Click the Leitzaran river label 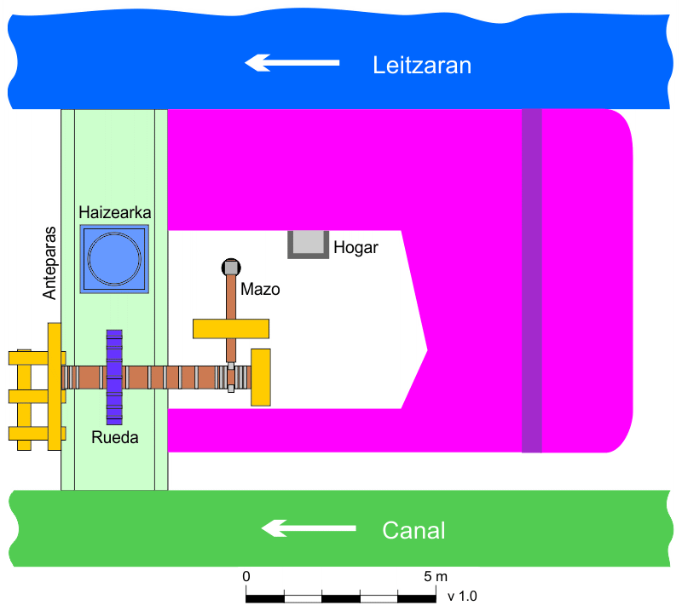pyautogui.click(x=422, y=66)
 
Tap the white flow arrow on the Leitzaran pyautogui.click(x=292, y=62)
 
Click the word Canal pyautogui.click(x=413, y=531)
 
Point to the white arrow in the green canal pyautogui.click(x=308, y=528)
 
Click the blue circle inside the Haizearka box pyautogui.click(x=114, y=258)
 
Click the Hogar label pyautogui.click(x=355, y=248)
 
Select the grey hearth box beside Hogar pyautogui.click(x=308, y=245)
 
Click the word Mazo pyautogui.click(x=260, y=289)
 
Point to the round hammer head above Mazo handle pyautogui.click(x=230, y=267)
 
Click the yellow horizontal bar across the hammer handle pyautogui.click(x=231, y=328)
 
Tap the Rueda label pyautogui.click(x=114, y=438)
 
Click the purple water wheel pyautogui.click(x=114, y=377)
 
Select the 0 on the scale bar pyautogui.click(x=246, y=577)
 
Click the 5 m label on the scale pyautogui.click(x=435, y=577)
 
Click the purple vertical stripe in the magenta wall pyautogui.click(x=531, y=280)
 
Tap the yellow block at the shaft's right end pyautogui.click(x=260, y=377)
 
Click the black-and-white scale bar pyautogui.click(x=341, y=596)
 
